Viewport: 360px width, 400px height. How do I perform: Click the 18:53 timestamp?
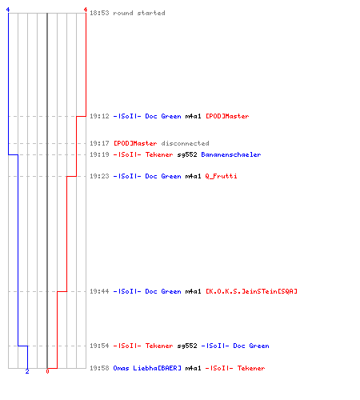(x=99, y=13)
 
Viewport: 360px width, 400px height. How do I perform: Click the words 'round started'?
(x=139, y=13)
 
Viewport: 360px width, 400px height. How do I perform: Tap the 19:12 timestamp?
(x=99, y=116)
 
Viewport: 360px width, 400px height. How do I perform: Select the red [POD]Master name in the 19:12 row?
(x=227, y=116)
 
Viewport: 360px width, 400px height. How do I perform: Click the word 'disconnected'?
(x=185, y=143)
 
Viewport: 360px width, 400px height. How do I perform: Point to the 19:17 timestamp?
(x=99, y=143)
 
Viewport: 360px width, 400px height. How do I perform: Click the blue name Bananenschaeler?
(x=231, y=154)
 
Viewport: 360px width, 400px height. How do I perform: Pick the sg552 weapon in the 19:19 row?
(x=187, y=154)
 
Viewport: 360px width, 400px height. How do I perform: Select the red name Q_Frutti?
(x=221, y=176)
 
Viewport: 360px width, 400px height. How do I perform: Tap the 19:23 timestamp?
(x=99, y=176)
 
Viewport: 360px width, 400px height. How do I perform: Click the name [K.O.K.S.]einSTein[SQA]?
(x=251, y=291)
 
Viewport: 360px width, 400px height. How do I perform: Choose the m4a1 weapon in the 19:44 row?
(x=193, y=291)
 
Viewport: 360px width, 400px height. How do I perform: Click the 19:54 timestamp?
(x=99, y=346)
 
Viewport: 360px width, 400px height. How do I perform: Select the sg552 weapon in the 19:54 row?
(x=187, y=346)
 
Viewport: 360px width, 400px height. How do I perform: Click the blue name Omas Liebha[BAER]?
(x=147, y=368)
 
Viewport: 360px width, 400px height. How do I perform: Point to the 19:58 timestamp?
(x=99, y=368)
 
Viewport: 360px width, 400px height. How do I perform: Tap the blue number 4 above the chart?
(x=8, y=10)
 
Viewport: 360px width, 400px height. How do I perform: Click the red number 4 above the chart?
(x=86, y=10)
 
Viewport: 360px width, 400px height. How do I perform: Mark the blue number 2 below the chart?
(x=27, y=371)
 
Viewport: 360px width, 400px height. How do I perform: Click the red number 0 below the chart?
(x=47, y=371)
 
